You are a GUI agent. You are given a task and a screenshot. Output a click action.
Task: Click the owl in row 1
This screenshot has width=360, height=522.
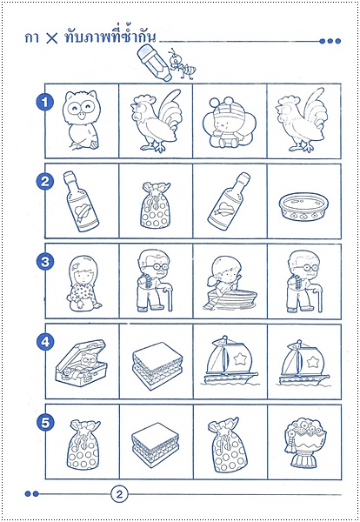click(81, 120)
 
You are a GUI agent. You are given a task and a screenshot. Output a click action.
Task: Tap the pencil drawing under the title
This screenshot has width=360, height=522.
click(155, 63)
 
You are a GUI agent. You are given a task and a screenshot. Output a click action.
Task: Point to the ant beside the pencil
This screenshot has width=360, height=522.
click(182, 64)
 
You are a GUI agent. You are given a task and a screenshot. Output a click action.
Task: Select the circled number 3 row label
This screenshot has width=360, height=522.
click(45, 261)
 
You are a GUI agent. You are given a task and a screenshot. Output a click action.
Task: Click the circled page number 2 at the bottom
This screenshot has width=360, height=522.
click(119, 494)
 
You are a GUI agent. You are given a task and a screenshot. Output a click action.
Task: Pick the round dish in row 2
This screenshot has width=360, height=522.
click(303, 206)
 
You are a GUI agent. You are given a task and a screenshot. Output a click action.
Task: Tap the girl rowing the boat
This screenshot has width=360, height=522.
click(229, 284)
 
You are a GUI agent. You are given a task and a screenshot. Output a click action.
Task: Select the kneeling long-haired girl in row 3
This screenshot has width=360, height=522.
click(83, 284)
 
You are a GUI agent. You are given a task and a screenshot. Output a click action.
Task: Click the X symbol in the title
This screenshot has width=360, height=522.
click(51, 38)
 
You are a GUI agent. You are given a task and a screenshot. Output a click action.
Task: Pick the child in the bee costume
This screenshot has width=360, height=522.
click(229, 124)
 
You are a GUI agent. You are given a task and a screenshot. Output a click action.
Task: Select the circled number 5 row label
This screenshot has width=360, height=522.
click(45, 423)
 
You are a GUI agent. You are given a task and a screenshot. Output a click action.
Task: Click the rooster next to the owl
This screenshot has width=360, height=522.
click(156, 121)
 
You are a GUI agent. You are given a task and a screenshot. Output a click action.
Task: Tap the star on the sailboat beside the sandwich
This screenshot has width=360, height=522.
click(239, 358)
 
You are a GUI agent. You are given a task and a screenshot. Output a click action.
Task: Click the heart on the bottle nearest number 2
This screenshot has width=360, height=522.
click(83, 211)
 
